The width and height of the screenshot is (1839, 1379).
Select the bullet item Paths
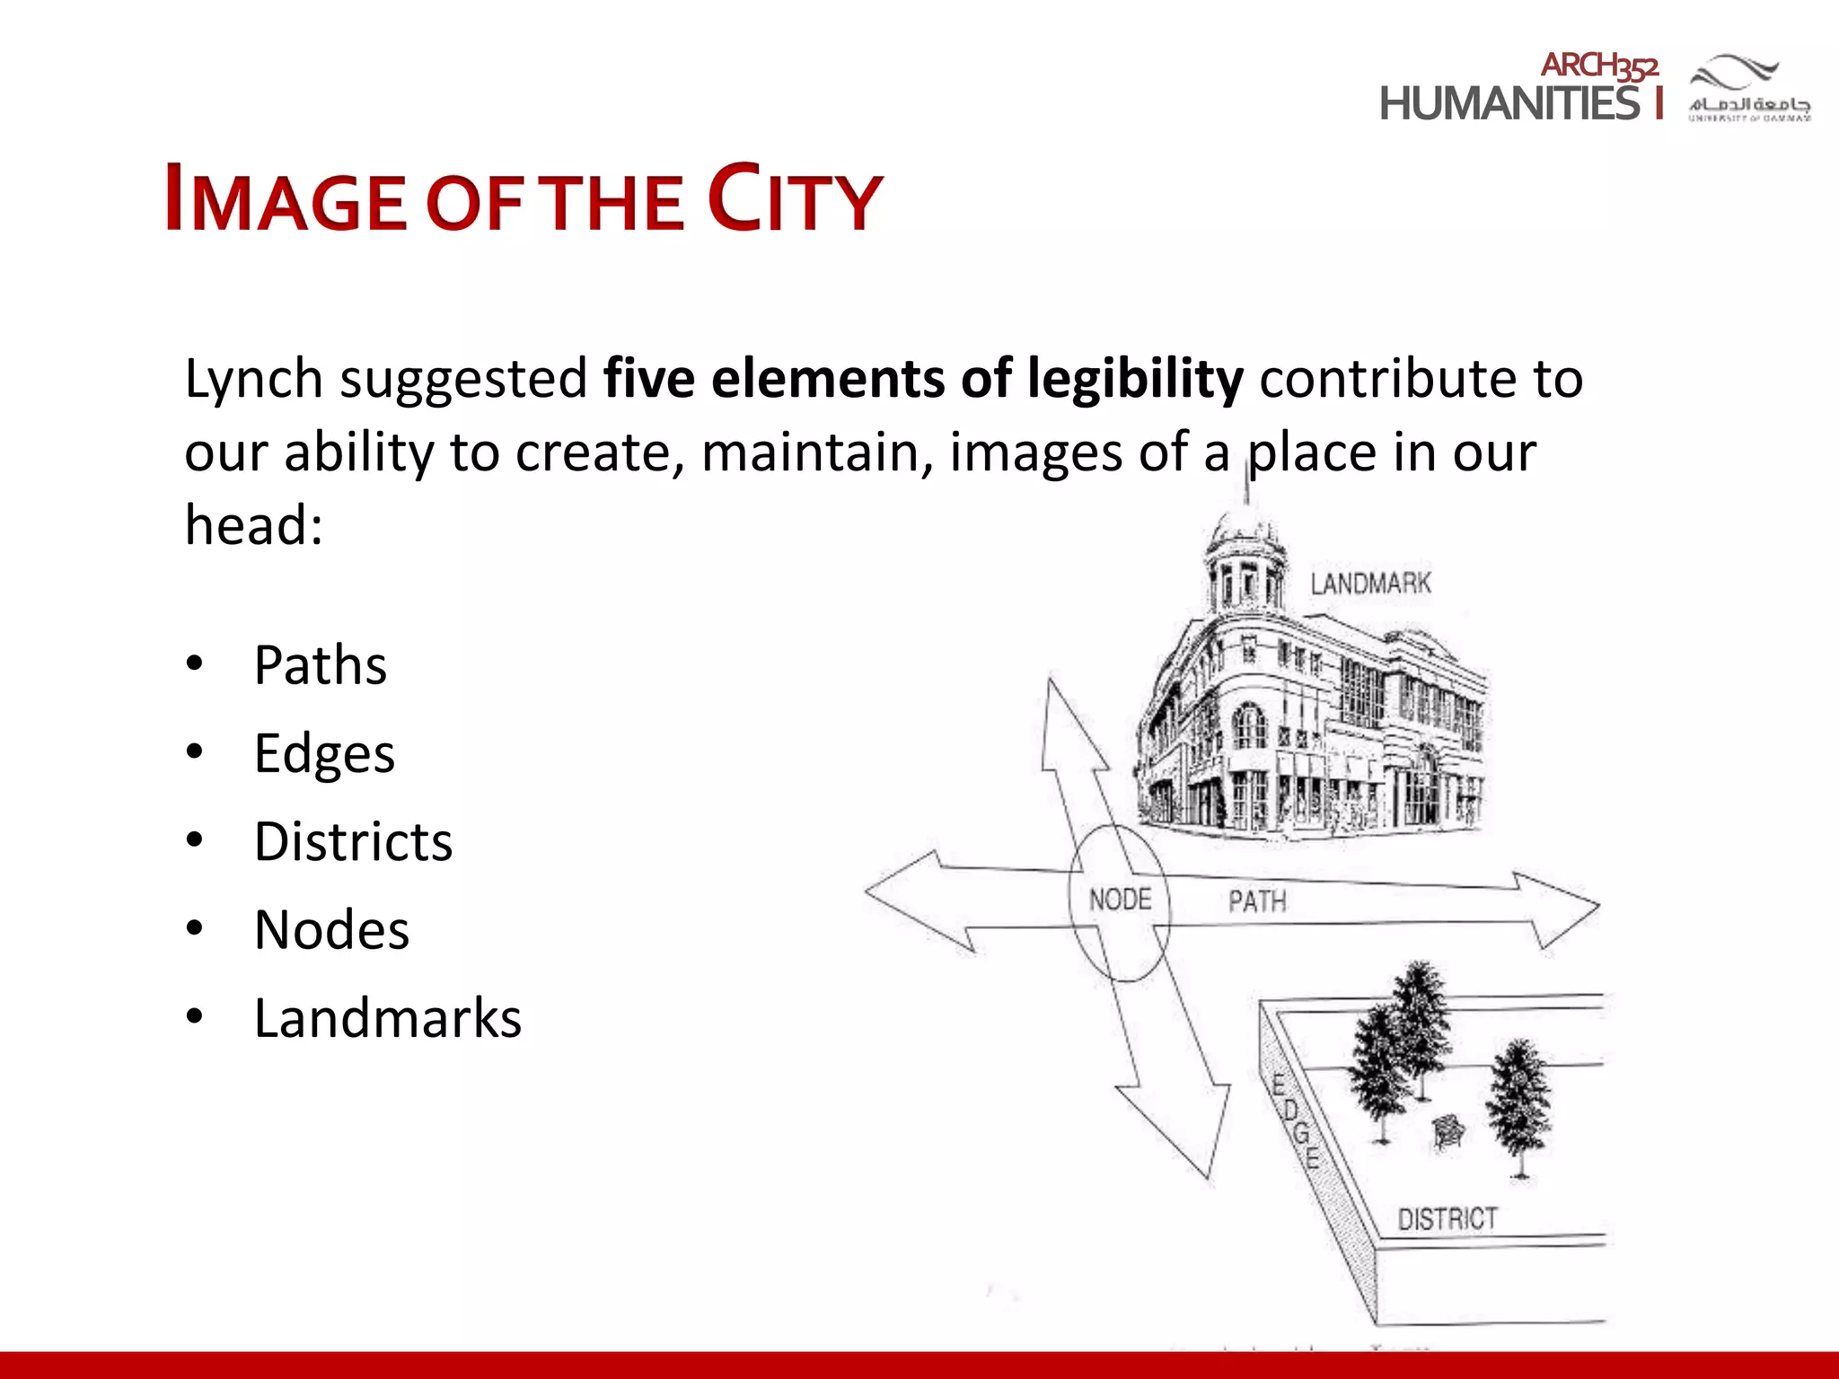[x=320, y=665]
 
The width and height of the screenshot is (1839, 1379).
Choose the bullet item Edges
[x=324, y=753]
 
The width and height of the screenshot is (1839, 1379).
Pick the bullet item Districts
[x=353, y=842]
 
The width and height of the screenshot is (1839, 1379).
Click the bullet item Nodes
[x=331, y=930]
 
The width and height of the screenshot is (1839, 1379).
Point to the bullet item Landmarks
[x=387, y=1018]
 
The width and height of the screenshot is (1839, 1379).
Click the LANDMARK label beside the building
[x=1370, y=584]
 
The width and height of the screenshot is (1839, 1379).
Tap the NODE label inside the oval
[x=1120, y=899]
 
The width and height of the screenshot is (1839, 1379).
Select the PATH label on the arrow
[x=1257, y=900]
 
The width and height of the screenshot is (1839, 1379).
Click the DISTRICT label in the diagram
[x=1447, y=1218]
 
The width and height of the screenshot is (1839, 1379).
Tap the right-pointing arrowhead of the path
[x=1562, y=909]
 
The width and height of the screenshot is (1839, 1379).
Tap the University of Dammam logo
[x=1749, y=88]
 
